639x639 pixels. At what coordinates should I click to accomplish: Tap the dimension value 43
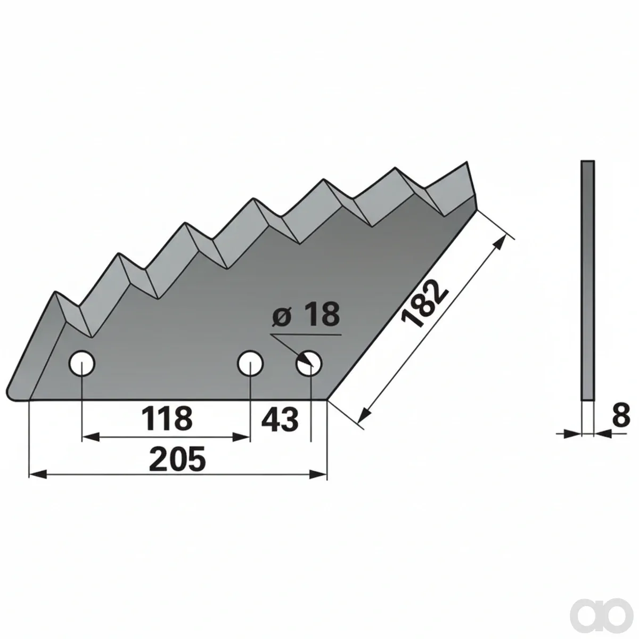(280, 420)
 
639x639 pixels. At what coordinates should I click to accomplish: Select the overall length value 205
(177, 459)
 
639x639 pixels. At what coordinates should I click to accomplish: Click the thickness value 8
(621, 416)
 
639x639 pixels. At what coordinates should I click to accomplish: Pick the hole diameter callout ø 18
(306, 314)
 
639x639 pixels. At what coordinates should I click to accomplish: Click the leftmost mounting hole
(81, 363)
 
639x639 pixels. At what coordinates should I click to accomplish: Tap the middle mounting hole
(250, 364)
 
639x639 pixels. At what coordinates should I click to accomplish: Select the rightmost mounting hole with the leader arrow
(309, 364)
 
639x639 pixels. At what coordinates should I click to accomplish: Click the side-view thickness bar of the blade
(587, 281)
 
